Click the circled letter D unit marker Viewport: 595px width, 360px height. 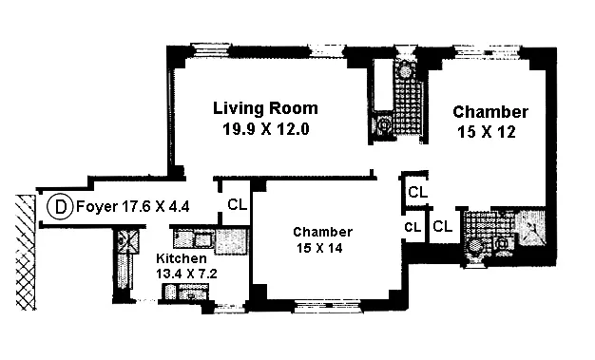60,207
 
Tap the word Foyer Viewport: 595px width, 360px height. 97,207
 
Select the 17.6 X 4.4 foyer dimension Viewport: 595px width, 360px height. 156,207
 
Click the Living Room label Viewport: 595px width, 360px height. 265,108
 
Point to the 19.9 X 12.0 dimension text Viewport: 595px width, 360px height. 265,129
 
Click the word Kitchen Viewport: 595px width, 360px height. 182,258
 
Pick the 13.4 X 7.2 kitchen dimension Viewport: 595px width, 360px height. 186,274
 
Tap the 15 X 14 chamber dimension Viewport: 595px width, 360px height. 319,248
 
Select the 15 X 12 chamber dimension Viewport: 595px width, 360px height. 487,132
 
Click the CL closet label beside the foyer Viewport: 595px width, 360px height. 238,205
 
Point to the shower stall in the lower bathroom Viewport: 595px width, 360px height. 530,228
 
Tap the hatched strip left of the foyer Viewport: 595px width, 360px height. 26,253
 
